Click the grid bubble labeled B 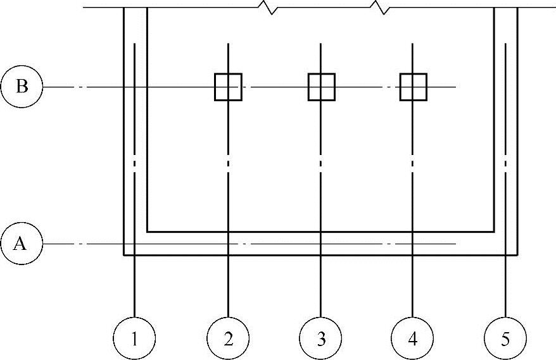pos(22,87)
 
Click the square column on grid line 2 pos(228,87)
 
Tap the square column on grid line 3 pos(321,87)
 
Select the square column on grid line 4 pos(413,87)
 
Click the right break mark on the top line pos(382,8)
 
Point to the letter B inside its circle pos(22,87)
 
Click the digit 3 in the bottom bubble pos(320,339)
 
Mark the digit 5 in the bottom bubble pos(505,339)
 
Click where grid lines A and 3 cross pos(320,244)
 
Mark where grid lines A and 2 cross pos(228,244)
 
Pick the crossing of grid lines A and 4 pos(413,244)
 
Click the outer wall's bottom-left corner pos(124,255)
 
